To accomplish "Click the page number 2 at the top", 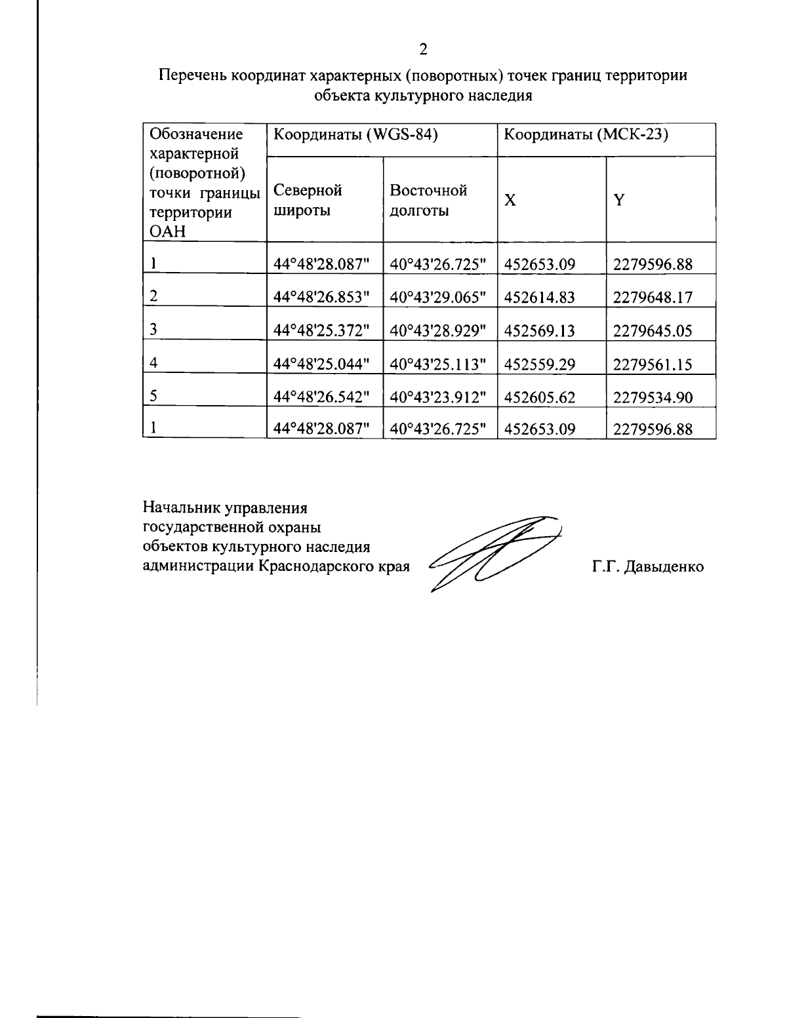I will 423,50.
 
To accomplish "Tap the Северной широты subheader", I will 308,200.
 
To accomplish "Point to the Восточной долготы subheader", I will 428,200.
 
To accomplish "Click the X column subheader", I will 510,201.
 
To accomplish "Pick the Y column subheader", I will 618,201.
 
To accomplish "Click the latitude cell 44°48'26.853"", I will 322,298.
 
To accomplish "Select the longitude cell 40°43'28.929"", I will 438,331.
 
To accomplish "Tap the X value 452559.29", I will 540,364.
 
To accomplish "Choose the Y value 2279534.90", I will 653,397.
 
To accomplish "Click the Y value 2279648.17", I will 653,298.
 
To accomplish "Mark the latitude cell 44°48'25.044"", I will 322,364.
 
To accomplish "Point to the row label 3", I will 153,330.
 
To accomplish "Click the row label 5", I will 153,396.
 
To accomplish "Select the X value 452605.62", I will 540,397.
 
